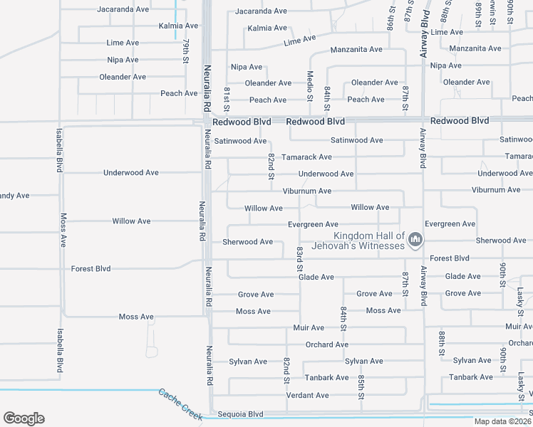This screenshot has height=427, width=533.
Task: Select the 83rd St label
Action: pyautogui.click(x=300, y=258)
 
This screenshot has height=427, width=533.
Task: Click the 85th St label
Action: pyautogui.click(x=361, y=385)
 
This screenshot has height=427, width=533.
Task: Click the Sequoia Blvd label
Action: pyautogui.click(x=241, y=414)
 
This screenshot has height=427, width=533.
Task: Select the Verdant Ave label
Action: pyautogui.click(x=307, y=395)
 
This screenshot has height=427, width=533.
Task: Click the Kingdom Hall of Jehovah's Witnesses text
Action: pyautogui.click(x=370, y=241)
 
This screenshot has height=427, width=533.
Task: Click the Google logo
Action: pyautogui.click(x=24, y=418)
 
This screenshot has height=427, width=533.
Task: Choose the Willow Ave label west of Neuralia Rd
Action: pyautogui.click(x=131, y=221)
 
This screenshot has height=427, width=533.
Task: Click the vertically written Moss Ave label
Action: pyautogui.click(x=63, y=230)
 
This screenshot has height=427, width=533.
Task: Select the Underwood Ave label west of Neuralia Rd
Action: pyautogui.click(x=131, y=173)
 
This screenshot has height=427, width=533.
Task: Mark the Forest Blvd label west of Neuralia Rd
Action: pyautogui.click(x=91, y=269)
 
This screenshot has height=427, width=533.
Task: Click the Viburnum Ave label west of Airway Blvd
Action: pyautogui.click(x=306, y=191)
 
